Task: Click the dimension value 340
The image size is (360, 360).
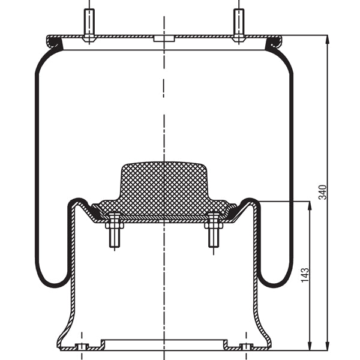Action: click(322, 192)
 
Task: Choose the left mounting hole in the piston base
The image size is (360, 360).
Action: click(82, 346)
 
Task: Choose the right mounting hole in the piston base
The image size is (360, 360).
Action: click(246, 346)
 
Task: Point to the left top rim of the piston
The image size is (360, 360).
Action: click(74, 201)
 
